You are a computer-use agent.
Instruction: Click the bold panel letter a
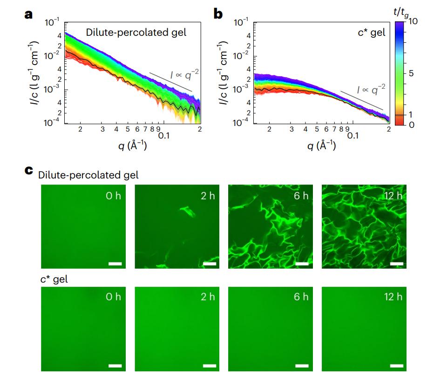click(29, 14)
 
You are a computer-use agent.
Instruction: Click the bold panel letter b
click(218, 14)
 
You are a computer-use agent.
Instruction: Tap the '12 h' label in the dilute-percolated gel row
click(393, 196)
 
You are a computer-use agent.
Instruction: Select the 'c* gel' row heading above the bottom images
click(51, 281)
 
